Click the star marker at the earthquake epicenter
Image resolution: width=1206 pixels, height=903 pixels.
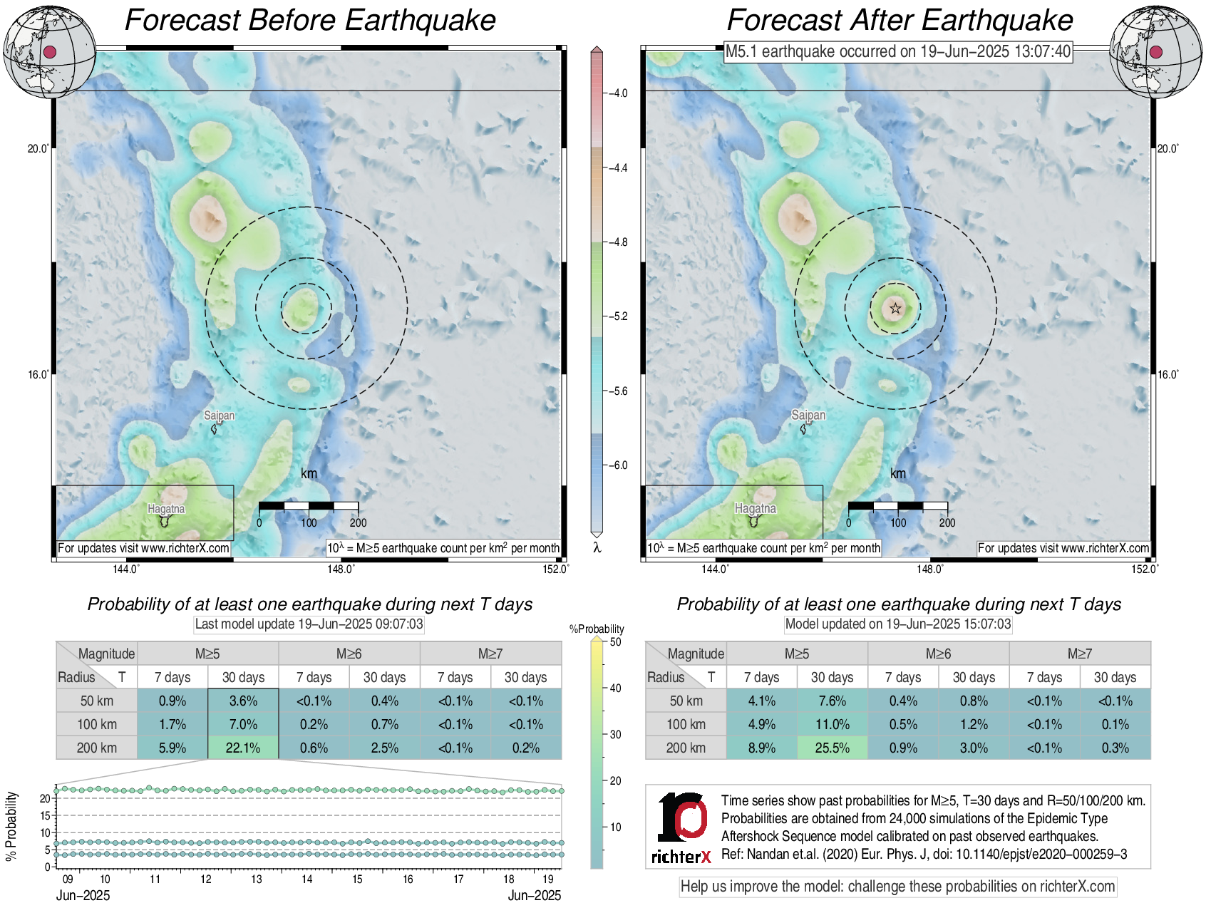895,309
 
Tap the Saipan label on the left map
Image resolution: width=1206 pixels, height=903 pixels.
219,416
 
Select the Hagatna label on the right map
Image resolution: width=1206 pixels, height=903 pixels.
756,509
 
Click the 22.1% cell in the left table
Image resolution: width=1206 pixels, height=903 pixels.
243,748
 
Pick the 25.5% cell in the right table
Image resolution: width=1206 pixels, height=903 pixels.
832,748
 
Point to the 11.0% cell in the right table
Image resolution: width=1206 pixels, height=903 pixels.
832,724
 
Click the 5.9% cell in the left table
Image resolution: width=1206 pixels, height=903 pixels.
172,748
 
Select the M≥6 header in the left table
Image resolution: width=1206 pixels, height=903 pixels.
349,654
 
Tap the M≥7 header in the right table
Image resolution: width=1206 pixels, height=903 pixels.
1080,654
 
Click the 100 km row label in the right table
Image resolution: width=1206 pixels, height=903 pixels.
686,724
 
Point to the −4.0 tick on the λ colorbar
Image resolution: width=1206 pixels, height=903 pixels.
617,93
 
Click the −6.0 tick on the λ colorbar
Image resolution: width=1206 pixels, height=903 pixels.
617,465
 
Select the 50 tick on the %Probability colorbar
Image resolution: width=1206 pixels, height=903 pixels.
615,642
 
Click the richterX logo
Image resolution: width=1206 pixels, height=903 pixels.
681,827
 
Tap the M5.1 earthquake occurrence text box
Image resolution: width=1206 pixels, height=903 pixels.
898,51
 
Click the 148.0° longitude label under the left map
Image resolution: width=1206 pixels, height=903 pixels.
341,569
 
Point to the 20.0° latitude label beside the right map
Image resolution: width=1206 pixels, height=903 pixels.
1168,149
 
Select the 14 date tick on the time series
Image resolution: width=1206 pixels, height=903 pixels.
306,879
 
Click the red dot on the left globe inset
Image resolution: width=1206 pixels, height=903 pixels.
50,52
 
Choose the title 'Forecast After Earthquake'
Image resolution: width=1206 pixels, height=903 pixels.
900,20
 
